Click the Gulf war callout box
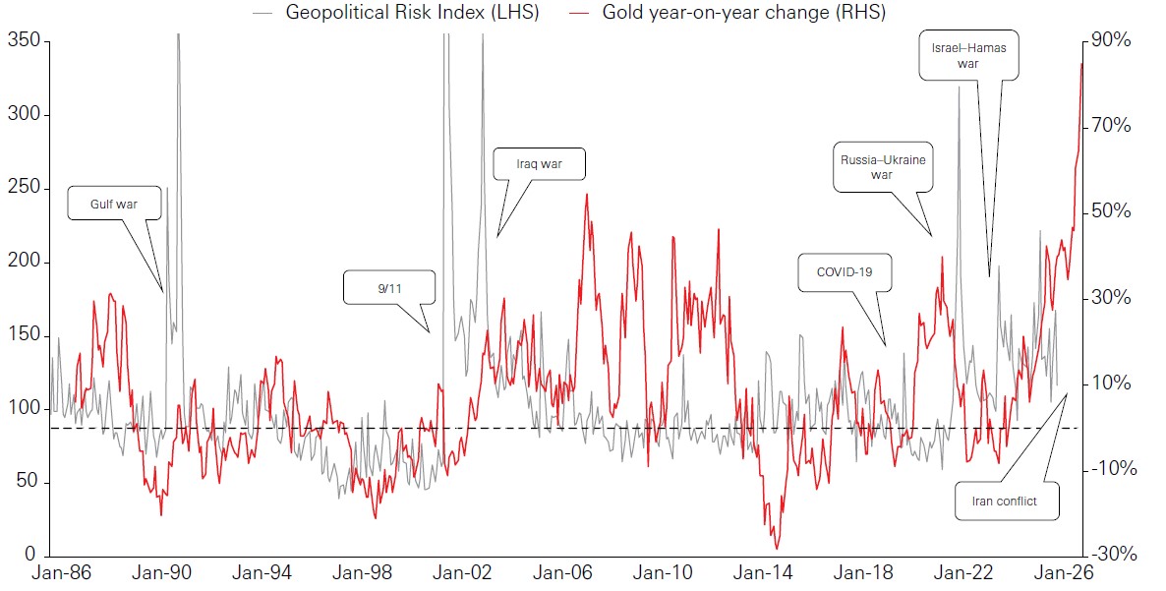coord(113,204)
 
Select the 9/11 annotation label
coord(388,287)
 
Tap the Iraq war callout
coord(539,164)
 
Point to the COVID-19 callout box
coord(845,272)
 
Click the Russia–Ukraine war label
coord(882,166)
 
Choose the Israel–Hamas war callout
coord(968,55)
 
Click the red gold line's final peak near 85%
coord(1081,64)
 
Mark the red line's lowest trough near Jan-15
coord(777,549)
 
